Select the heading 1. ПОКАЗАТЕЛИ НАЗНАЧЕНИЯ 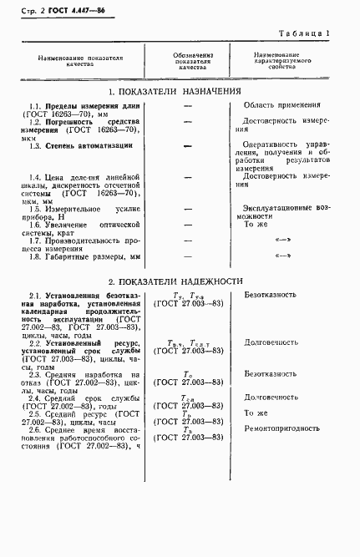coord(175,90)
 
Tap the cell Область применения coord(282,105)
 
